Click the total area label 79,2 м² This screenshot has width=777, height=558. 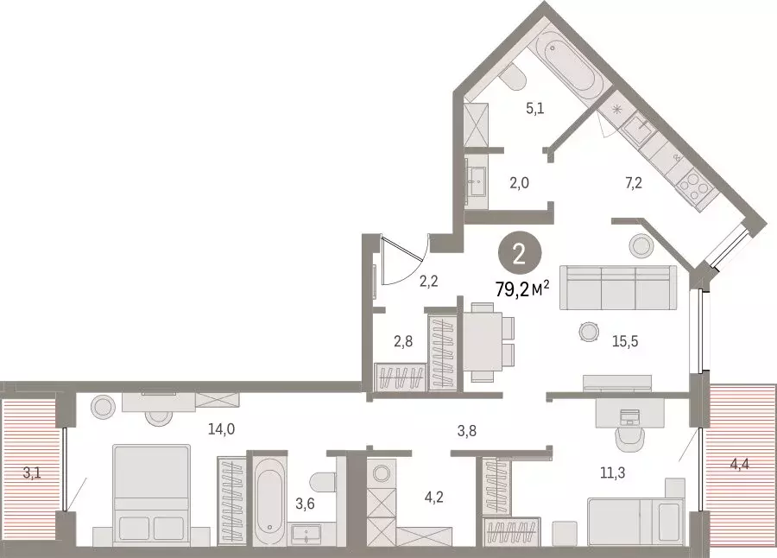(523, 289)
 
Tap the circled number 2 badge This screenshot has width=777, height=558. (520, 255)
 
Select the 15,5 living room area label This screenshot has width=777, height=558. (625, 341)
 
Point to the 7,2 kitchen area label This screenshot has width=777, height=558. (634, 183)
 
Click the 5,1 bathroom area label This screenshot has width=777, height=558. (535, 108)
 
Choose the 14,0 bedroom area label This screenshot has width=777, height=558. (222, 429)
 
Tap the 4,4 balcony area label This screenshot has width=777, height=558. (739, 466)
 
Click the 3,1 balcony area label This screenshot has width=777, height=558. (32, 472)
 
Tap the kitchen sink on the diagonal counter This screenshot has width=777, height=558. (637, 126)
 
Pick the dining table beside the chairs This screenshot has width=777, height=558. (483, 342)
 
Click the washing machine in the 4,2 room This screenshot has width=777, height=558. (382, 472)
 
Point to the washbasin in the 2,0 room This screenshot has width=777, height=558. (477, 181)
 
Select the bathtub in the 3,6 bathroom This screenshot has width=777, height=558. (269, 501)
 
